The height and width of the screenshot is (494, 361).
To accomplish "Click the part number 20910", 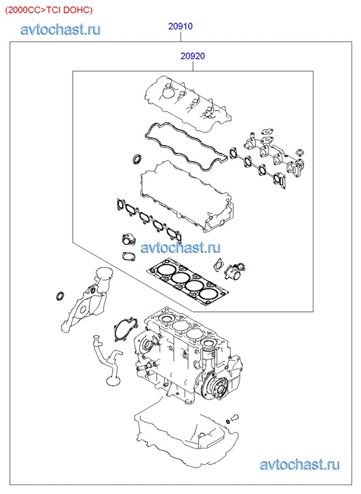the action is (x=180, y=26).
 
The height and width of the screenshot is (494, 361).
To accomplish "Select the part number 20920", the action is (x=193, y=56).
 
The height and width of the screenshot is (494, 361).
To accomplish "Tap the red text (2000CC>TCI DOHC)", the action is (x=49, y=10).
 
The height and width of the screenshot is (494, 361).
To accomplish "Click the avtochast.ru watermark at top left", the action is (x=60, y=30).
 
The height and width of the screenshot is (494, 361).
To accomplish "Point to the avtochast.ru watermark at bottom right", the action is (x=300, y=465).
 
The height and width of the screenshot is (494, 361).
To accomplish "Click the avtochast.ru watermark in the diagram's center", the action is (x=180, y=247).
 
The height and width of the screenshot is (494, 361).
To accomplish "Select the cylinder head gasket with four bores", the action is (x=188, y=282).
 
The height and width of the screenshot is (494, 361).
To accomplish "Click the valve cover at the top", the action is (x=188, y=103).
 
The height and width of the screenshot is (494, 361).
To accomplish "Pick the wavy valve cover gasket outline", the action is (x=186, y=147).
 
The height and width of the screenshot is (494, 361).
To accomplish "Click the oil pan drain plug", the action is (x=235, y=418).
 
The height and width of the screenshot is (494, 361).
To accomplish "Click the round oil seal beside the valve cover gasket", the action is (x=137, y=159).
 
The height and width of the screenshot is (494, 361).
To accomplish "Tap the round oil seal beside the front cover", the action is (x=60, y=296).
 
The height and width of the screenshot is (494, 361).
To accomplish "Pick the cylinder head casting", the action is (x=187, y=196).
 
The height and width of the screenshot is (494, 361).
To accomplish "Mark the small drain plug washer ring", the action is (x=228, y=421).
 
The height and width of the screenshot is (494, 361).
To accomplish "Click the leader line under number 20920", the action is (x=193, y=66).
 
